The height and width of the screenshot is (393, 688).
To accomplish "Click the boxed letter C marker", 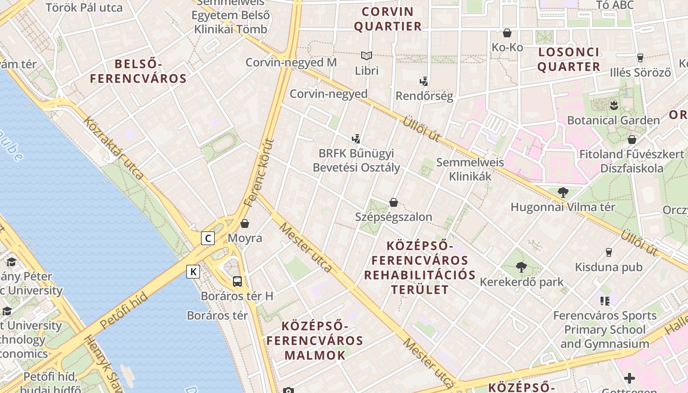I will [208, 238].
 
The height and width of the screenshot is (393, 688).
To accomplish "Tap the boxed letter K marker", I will [193, 271].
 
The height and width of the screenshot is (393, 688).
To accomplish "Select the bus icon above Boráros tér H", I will [237, 281].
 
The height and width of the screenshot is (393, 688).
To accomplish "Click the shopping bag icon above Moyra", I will [245, 224].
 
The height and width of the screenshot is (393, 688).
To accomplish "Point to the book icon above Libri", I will [367, 56].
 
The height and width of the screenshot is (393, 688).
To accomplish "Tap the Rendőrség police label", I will [424, 96].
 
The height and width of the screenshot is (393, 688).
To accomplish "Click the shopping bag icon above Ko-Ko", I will [507, 33].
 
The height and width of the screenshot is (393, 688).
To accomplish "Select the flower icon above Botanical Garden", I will [613, 105].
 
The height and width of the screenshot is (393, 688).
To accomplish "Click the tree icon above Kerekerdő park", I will [521, 267].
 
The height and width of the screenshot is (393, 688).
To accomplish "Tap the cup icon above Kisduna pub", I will [609, 253].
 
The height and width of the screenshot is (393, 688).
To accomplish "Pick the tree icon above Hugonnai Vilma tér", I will [563, 192].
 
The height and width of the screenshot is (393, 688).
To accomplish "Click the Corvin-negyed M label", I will [291, 62].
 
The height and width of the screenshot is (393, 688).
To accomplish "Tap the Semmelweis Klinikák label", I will [470, 169].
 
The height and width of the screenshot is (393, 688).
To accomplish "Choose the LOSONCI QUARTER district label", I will [569, 59].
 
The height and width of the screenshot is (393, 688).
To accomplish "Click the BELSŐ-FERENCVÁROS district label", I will [138, 71].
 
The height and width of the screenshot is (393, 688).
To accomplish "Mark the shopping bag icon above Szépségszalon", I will [394, 202].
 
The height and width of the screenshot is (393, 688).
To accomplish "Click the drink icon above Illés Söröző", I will [640, 58].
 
